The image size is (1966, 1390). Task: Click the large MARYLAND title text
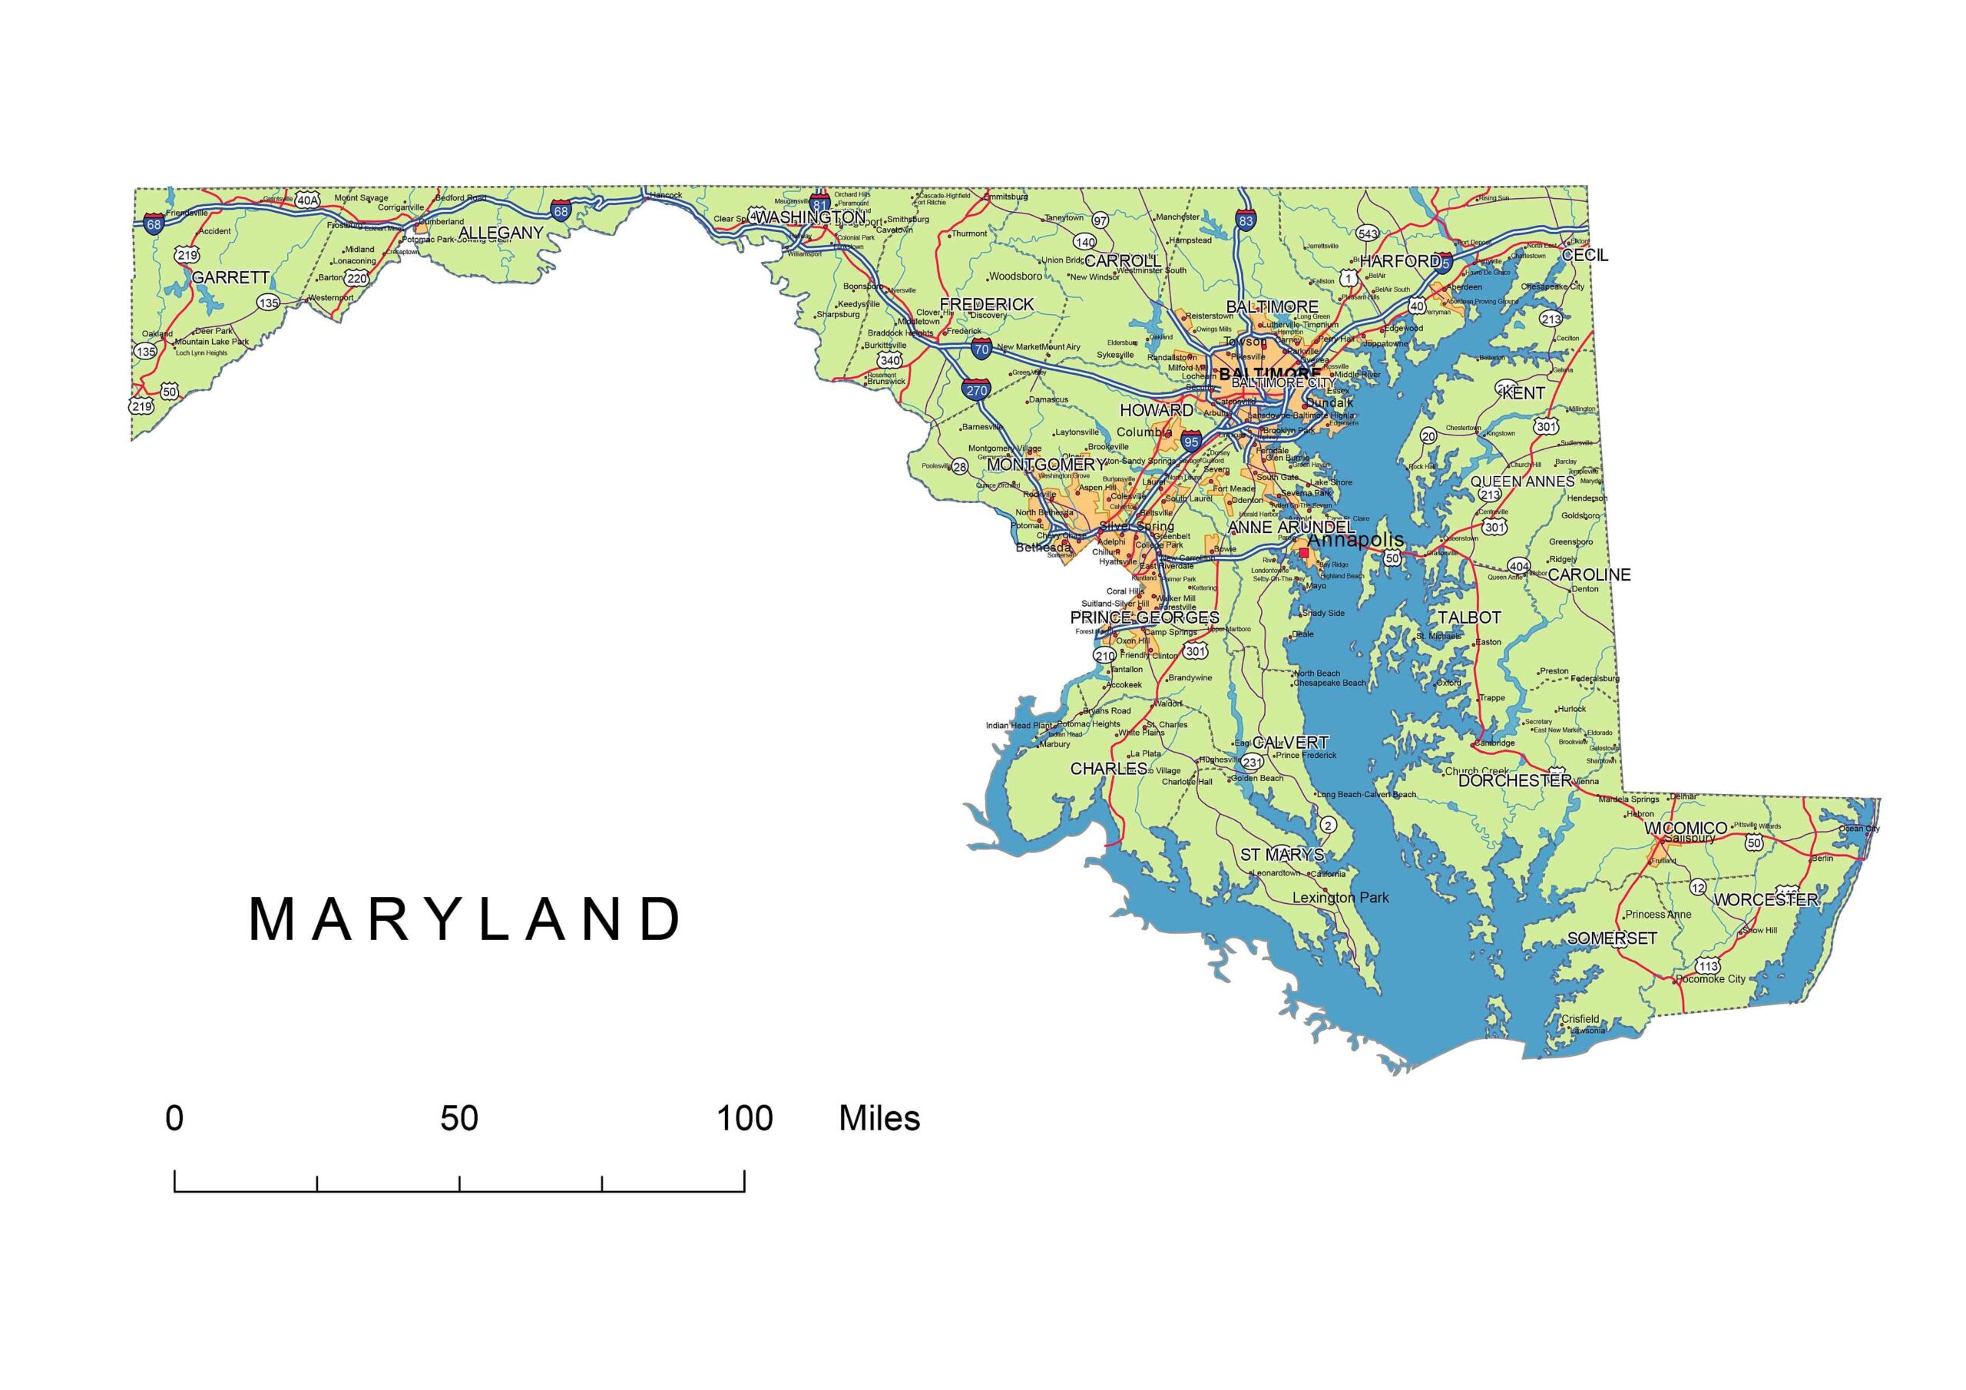click(465, 920)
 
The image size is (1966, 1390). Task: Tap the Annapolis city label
click(1356, 540)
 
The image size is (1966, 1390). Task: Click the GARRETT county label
click(230, 277)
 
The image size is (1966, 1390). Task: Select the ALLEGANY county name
click(501, 233)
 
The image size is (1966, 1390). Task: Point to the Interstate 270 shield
click(976, 389)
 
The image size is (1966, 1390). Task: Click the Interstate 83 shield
click(1245, 220)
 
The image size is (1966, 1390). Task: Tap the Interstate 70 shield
click(981, 349)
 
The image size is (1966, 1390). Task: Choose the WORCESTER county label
click(1766, 900)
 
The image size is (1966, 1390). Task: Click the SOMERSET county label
click(1613, 938)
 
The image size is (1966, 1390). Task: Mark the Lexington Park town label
click(1341, 898)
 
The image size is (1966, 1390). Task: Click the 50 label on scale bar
click(459, 1118)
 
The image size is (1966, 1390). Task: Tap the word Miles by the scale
click(879, 1118)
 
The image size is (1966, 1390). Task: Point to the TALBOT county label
click(1469, 617)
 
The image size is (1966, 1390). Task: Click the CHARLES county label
click(1109, 768)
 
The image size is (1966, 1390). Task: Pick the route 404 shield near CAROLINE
click(1518, 567)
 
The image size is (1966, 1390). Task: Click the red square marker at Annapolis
click(1303, 553)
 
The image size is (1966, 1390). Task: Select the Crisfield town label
click(1580, 1019)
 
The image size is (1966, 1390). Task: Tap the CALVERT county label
click(1290, 743)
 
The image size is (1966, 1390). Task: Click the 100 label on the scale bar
click(745, 1118)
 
